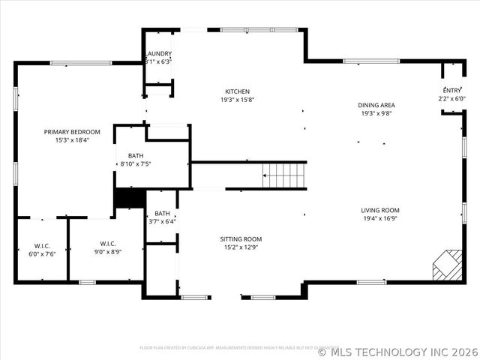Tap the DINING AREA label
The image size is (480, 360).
(x=376, y=105)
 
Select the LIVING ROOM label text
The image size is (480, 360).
(x=380, y=211)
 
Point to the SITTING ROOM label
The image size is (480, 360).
(x=241, y=239)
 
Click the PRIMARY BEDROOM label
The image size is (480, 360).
(x=72, y=132)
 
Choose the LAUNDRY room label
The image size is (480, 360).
(x=159, y=54)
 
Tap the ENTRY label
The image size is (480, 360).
(x=452, y=90)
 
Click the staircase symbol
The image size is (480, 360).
(x=284, y=176)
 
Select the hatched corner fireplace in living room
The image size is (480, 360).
(x=448, y=265)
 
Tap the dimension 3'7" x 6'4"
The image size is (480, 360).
(x=161, y=221)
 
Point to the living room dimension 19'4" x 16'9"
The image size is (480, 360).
(x=380, y=219)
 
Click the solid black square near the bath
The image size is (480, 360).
(x=128, y=198)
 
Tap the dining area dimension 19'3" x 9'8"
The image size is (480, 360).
(x=376, y=113)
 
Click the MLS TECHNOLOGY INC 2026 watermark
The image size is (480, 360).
(x=397, y=351)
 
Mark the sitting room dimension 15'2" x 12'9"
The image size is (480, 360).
(x=241, y=247)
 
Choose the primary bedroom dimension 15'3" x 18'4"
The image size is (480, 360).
(x=72, y=140)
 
